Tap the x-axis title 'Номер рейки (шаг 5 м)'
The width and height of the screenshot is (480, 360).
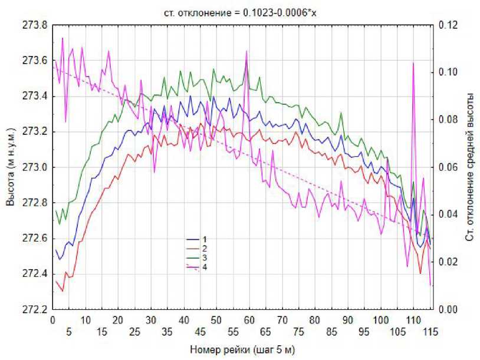(x=242, y=349)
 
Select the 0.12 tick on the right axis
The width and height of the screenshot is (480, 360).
(x=449, y=26)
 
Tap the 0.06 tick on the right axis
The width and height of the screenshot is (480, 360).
(x=449, y=167)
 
